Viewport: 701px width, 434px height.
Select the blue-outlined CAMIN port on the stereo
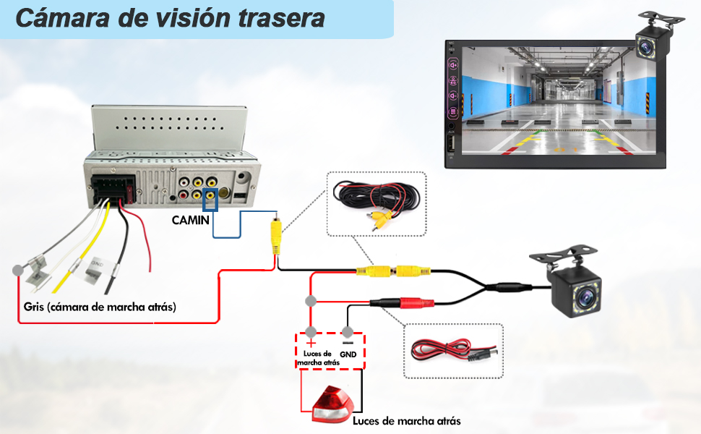(210, 199)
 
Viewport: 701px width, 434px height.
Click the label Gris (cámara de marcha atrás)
(100, 307)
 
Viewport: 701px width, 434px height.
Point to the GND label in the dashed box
(348, 354)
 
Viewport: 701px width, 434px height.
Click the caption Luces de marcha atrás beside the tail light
(406, 420)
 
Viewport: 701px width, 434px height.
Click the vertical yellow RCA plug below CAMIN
(275, 234)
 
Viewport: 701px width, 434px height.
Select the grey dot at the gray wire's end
(17, 271)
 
